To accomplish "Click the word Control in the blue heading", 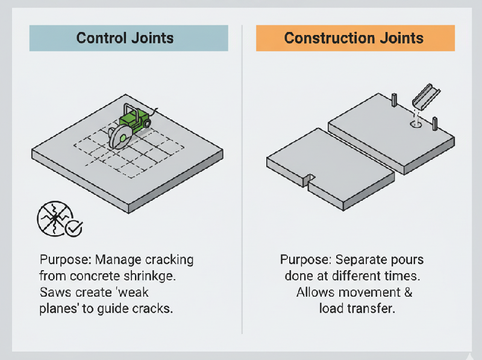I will [103, 39].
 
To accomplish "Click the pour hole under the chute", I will [415, 125].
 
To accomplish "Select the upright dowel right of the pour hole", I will [434, 124].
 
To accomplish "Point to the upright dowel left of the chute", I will [393, 100].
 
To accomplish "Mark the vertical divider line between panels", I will [242, 181].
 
